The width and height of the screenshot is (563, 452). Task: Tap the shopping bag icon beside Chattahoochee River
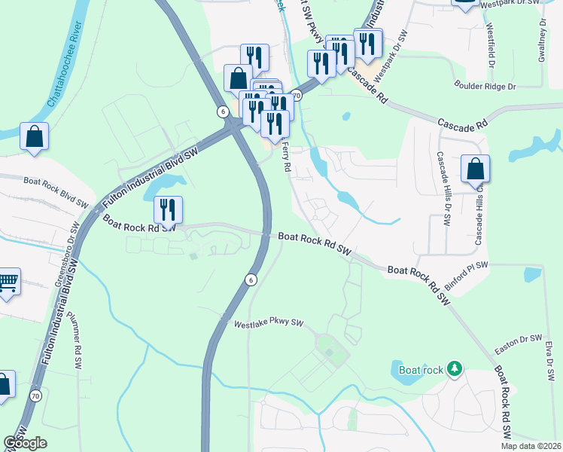pos(35,137)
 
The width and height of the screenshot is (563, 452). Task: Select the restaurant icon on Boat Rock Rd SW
pos(169,210)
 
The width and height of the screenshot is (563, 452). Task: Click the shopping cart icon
pos(8,283)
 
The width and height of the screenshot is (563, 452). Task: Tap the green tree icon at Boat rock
pos(454,369)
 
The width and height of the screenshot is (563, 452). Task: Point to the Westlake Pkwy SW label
pos(268,324)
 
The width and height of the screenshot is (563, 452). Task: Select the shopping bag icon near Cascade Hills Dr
pos(475,169)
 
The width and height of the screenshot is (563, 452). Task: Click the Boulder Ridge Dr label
pos(484,87)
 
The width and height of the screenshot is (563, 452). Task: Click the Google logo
pos(25,443)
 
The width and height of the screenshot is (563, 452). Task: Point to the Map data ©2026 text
pos(530,446)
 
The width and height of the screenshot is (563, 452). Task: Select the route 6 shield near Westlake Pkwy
pos(251,279)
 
